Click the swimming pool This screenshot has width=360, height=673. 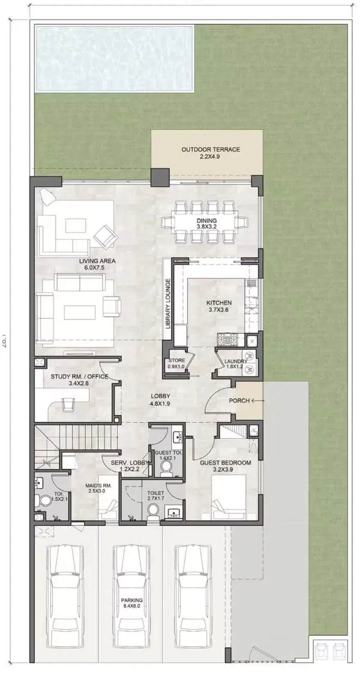[x=114, y=58]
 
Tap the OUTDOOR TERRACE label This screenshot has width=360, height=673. [x=210, y=153]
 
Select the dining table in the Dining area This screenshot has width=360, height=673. [x=206, y=223]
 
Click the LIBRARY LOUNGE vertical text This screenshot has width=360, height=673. [x=168, y=303]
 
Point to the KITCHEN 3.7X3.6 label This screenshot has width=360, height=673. [x=219, y=306]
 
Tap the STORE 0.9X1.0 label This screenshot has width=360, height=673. [x=176, y=363]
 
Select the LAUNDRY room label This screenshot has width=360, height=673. [x=235, y=364]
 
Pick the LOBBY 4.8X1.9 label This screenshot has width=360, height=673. [x=160, y=400]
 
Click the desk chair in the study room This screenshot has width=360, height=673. [x=68, y=404]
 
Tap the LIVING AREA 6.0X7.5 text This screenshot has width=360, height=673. [x=97, y=264]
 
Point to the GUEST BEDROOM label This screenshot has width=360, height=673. [x=225, y=466]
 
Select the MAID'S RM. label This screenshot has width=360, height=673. [x=98, y=488]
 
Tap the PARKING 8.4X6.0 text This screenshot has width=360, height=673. [x=132, y=603]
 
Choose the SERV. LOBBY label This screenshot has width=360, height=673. [x=129, y=466]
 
